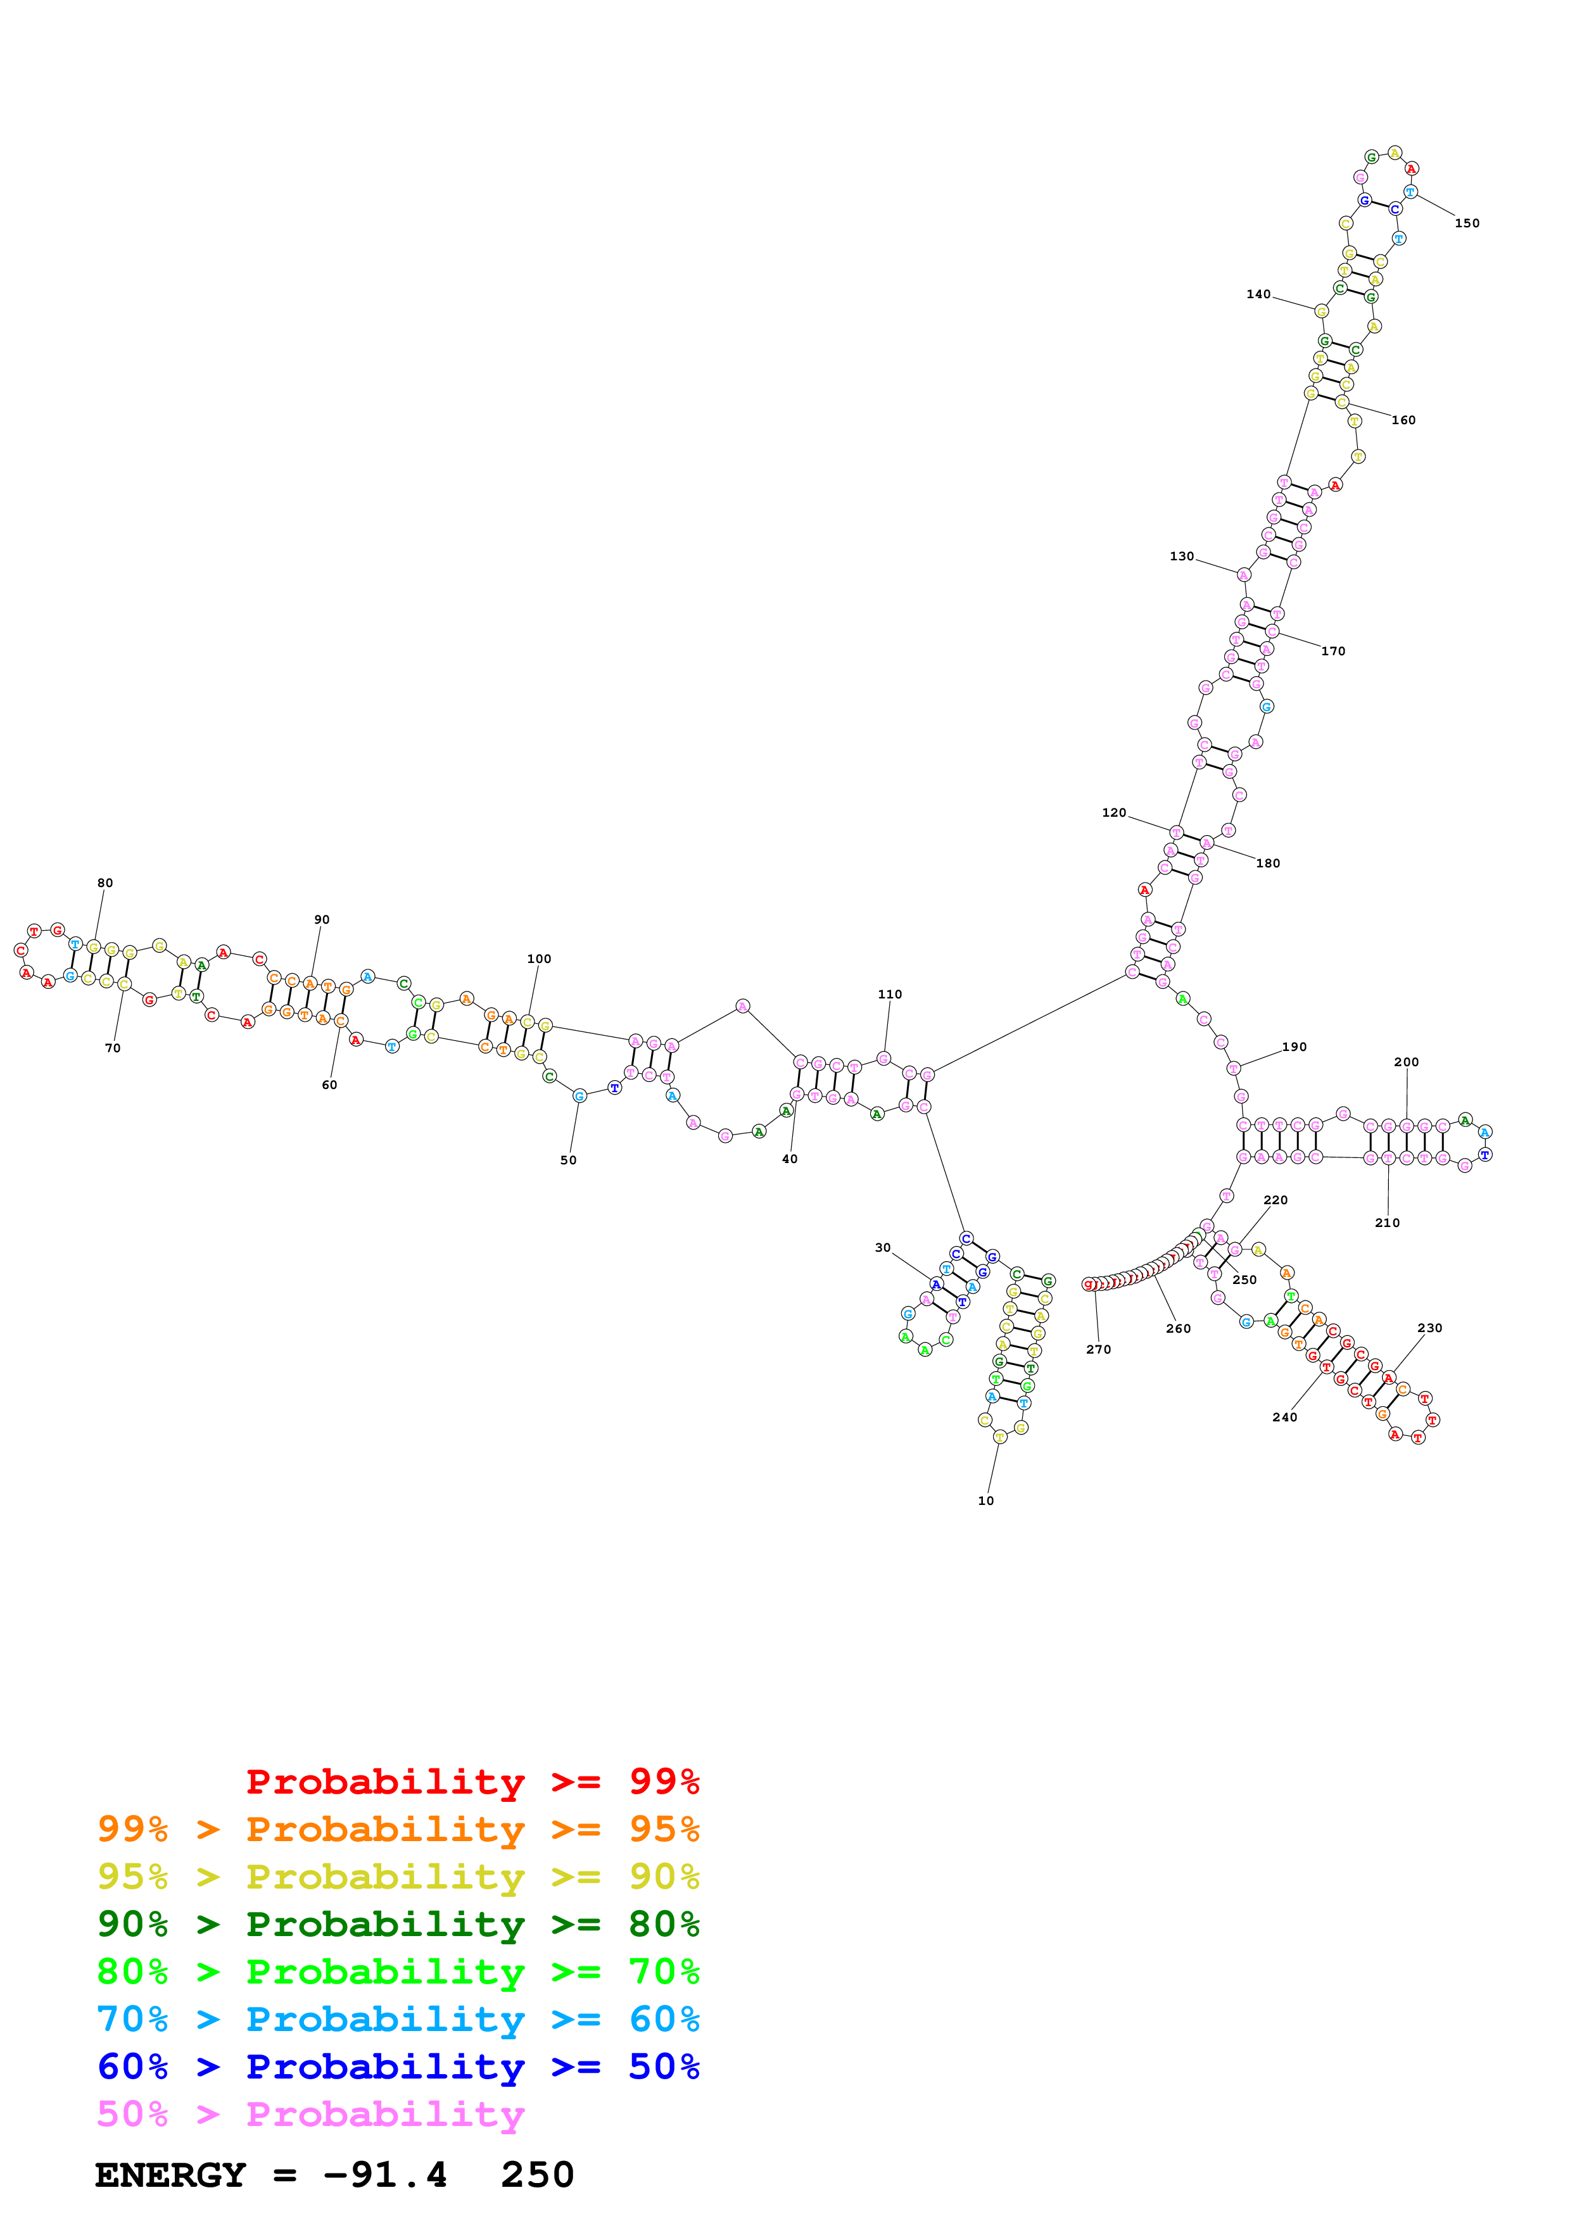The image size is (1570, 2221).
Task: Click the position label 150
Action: point(1467,223)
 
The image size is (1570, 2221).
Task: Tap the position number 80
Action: point(104,883)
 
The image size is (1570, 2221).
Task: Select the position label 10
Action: point(985,1501)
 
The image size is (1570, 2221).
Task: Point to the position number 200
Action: point(1407,1062)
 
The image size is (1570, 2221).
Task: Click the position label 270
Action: point(1099,1349)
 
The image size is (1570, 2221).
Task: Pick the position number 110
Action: point(890,995)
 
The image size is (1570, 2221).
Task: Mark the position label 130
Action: point(1182,557)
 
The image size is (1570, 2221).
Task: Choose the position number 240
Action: point(1284,1417)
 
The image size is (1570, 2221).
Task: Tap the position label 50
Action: point(569,1161)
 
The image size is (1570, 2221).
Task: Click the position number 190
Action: point(1295,1047)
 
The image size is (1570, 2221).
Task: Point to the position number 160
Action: point(1403,420)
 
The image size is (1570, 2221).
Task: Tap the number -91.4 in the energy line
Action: point(385,2175)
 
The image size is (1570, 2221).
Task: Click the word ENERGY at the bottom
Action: point(170,2175)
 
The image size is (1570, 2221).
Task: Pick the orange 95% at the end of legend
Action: point(664,1829)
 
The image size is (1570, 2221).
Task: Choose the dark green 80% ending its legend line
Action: point(664,1924)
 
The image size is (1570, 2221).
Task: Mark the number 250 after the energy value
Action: point(538,2175)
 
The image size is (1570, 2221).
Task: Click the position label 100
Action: point(539,959)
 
